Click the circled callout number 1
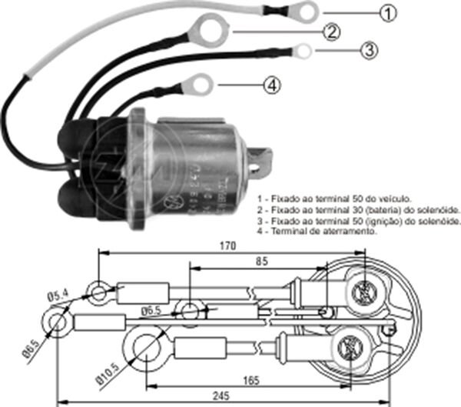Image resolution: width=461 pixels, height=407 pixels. [389, 13]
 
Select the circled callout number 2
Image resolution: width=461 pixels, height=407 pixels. [331, 32]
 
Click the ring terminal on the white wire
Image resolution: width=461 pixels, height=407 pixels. [308, 12]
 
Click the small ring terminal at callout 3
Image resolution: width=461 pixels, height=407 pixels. [304, 52]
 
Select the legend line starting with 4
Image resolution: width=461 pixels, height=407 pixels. [317, 231]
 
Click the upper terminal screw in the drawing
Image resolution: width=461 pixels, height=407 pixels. [363, 292]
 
